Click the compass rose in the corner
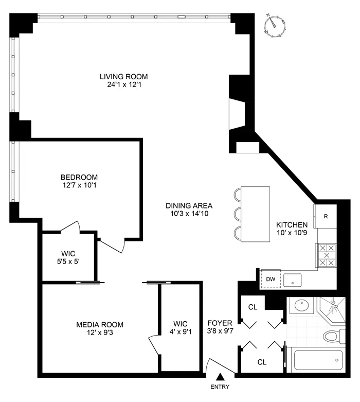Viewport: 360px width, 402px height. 276,26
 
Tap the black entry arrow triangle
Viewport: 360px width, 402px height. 220,377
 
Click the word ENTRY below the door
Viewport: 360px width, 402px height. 220,388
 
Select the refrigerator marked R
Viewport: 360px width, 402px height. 325,216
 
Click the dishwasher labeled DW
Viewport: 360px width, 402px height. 269,279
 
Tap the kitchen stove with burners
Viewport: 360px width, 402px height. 326,255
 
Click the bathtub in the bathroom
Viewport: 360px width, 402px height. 317,360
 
